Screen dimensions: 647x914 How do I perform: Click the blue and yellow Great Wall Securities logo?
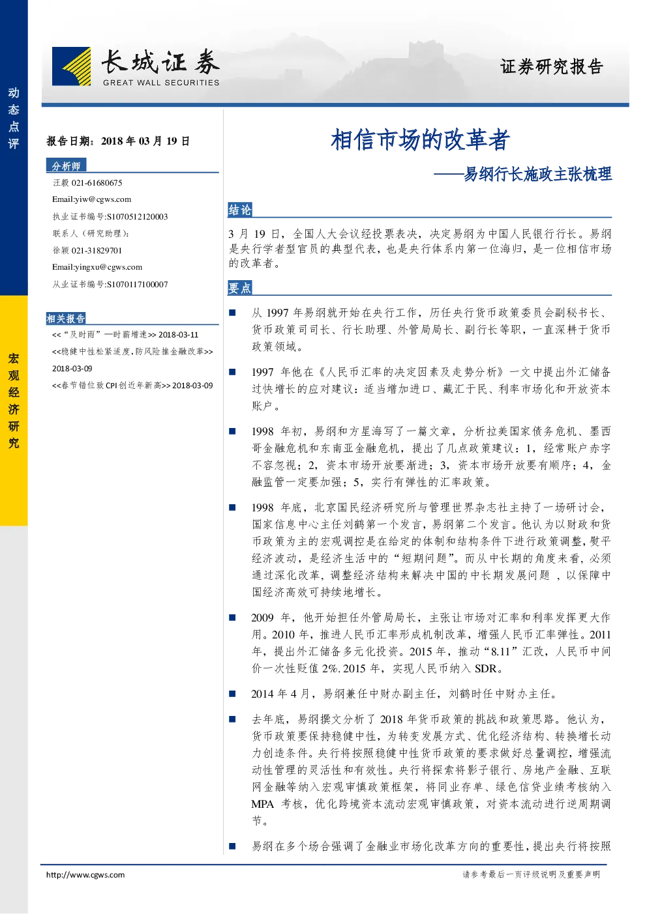(x=72, y=66)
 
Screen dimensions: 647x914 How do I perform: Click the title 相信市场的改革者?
(x=420, y=139)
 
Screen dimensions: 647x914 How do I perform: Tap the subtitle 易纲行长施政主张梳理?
(x=537, y=174)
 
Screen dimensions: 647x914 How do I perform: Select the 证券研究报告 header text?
(x=551, y=66)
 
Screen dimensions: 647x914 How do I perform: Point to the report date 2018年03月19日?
(x=145, y=141)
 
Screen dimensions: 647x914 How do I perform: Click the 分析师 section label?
(x=66, y=165)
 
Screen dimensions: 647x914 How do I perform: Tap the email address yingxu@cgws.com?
(x=109, y=267)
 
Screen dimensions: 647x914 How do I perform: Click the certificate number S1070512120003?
(x=137, y=217)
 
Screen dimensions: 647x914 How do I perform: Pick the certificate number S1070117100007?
(x=137, y=285)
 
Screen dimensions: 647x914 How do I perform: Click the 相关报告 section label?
(x=66, y=319)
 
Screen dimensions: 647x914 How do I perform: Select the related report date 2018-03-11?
(x=179, y=335)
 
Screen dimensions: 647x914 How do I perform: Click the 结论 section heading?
(x=240, y=210)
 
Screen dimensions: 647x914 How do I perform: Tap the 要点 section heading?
(x=240, y=288)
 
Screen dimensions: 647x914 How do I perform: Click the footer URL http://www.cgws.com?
(x=85, y=875)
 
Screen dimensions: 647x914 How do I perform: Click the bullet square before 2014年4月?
(x=232, y=694)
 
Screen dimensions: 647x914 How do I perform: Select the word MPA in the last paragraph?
(x=263, y=804)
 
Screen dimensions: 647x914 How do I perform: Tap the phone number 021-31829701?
(x=97, y=251)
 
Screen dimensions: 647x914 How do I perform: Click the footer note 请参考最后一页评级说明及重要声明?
(x=532, y=874)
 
